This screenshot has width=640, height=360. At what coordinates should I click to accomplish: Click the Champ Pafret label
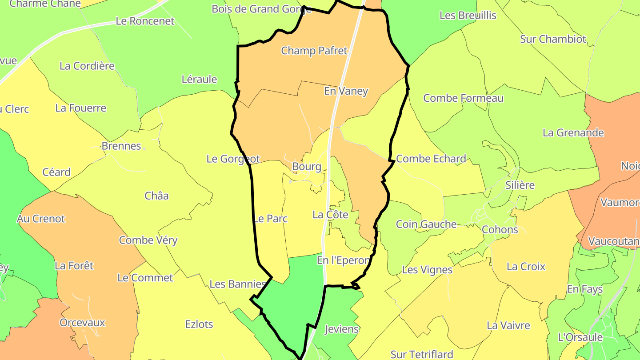[x=314, y=51]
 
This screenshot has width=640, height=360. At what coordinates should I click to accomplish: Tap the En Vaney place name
[x=346, y=91]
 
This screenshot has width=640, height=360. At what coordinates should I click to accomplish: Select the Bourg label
[x=307, y=167]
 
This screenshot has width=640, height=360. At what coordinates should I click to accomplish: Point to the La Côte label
[x=330, y=215]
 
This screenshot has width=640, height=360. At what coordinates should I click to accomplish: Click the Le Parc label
[x=271, y=219]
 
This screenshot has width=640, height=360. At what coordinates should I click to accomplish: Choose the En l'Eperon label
[x=344, y=260]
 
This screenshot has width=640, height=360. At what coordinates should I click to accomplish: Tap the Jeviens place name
[x=342, y=329]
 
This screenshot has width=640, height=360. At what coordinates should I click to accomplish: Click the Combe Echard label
[x=431, y=159]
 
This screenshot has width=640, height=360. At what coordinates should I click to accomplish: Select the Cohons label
[x=500, y=230]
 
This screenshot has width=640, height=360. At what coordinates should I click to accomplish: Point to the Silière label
[x=520, y=185]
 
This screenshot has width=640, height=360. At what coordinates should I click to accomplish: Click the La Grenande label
[x=573, y=132]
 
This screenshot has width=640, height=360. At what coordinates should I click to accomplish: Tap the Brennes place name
[x=121, y=146]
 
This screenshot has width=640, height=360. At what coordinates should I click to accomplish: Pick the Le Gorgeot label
[x=233, y=159]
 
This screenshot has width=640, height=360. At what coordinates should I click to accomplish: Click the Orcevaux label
[x=82, y=323]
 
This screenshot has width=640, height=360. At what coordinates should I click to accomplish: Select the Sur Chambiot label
[x=553, y=39]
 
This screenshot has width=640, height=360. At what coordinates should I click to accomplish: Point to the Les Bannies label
[x=238, y=284]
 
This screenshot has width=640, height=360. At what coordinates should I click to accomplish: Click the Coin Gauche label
[x=426, y=224]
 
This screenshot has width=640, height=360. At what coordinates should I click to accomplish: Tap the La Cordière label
[x=87, y=66]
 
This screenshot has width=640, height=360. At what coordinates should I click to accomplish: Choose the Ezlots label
[x=199, y=324]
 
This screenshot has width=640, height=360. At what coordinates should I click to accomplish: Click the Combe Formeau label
[x=464, y=98]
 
